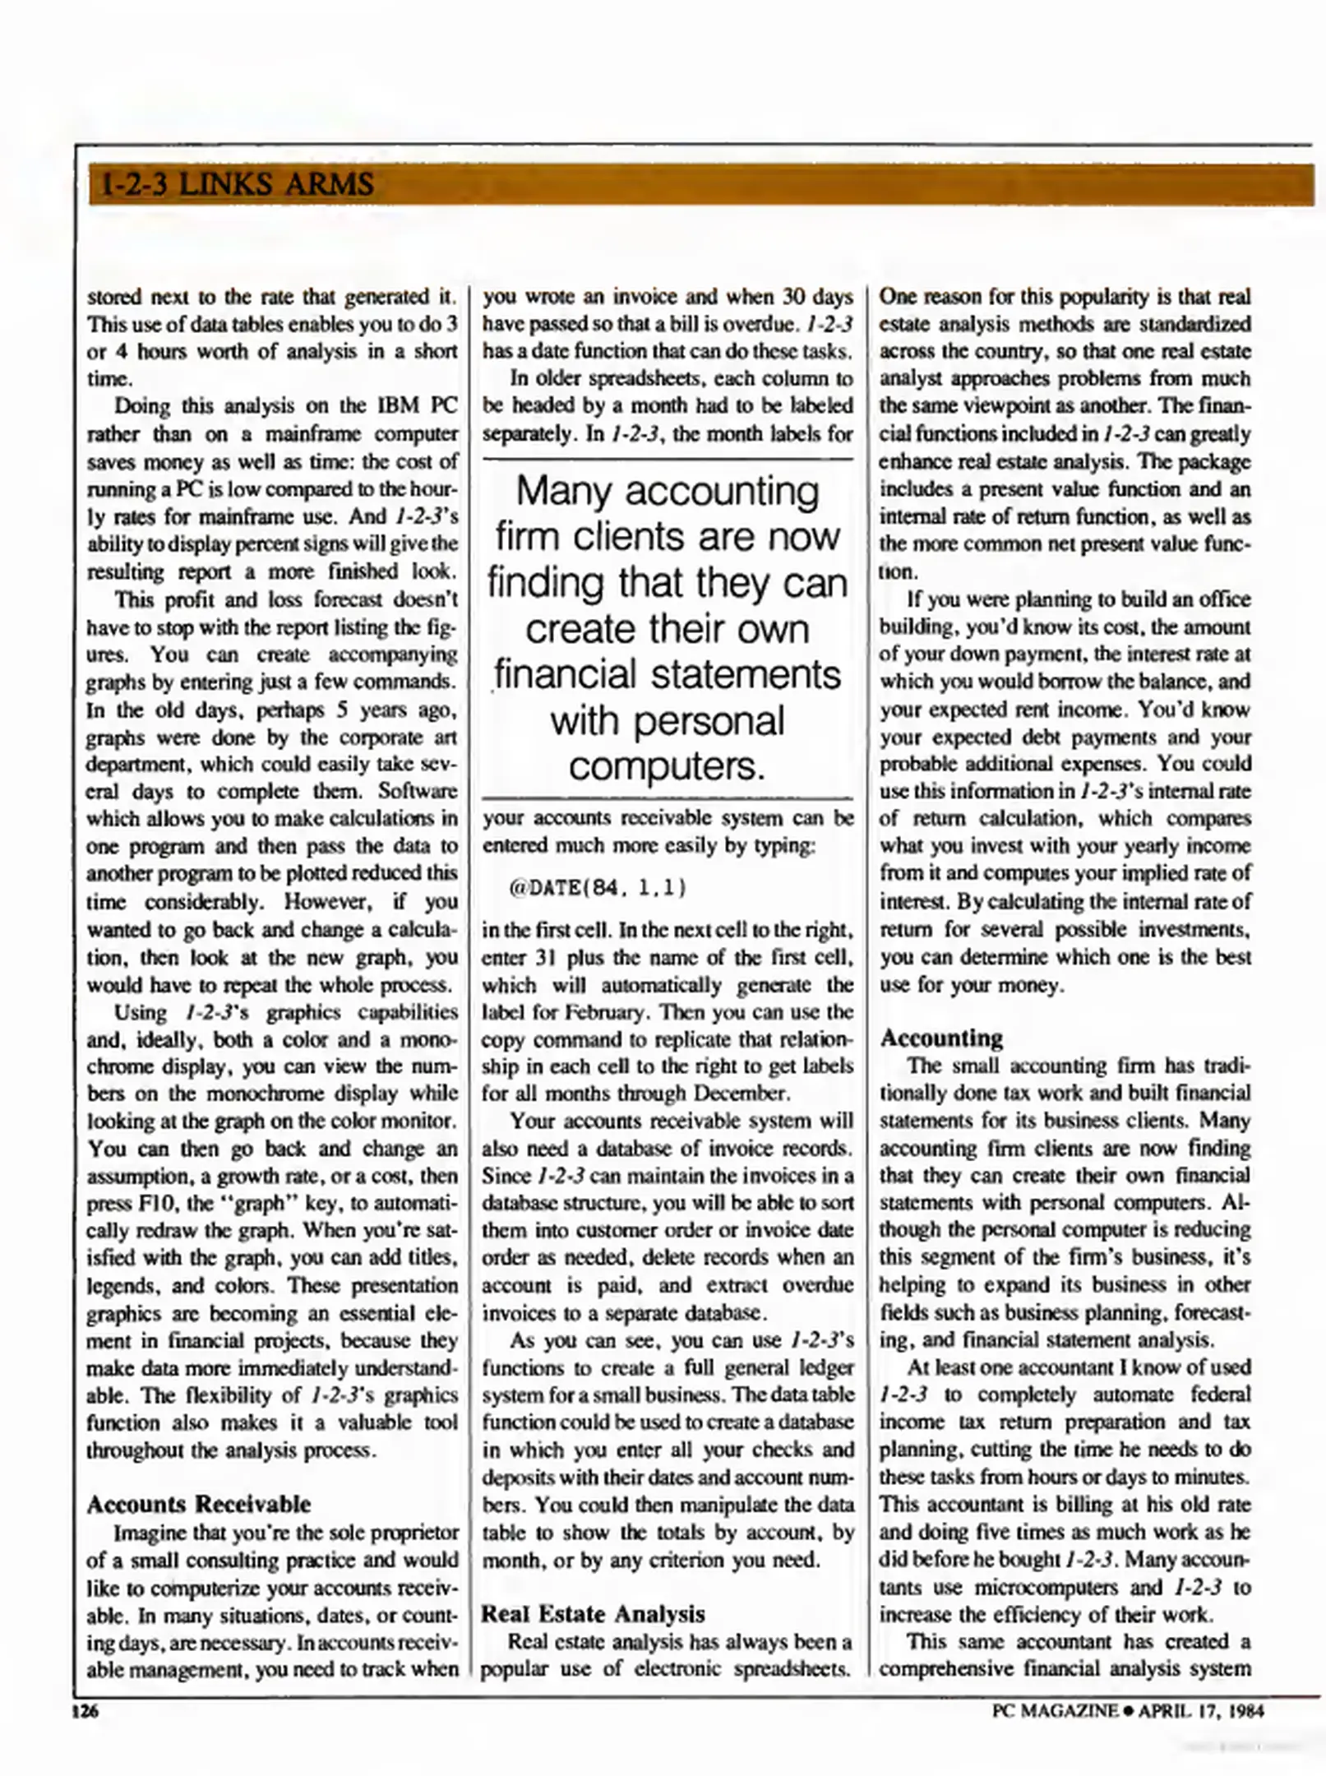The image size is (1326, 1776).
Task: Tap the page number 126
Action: pyautogui.click(x=85, y=1711)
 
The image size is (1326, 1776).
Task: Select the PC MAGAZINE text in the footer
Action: pyautogui.click(x=1055, y=1711)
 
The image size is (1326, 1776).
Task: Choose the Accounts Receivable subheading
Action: pyautogui.click(x=198, y=1504)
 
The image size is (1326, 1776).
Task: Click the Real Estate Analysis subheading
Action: pyautogui.click(x=593, y=1613)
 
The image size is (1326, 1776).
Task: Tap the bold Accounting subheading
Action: pyautogui.click(x=941, y=1038)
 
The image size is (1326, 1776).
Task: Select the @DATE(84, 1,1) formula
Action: pyautogui.click(x=598, y=888)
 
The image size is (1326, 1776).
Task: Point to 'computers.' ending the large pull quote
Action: pyautogui.click(x=667, y=766)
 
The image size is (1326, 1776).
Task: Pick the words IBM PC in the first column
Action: pyautogui.click(x=416, y=406)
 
